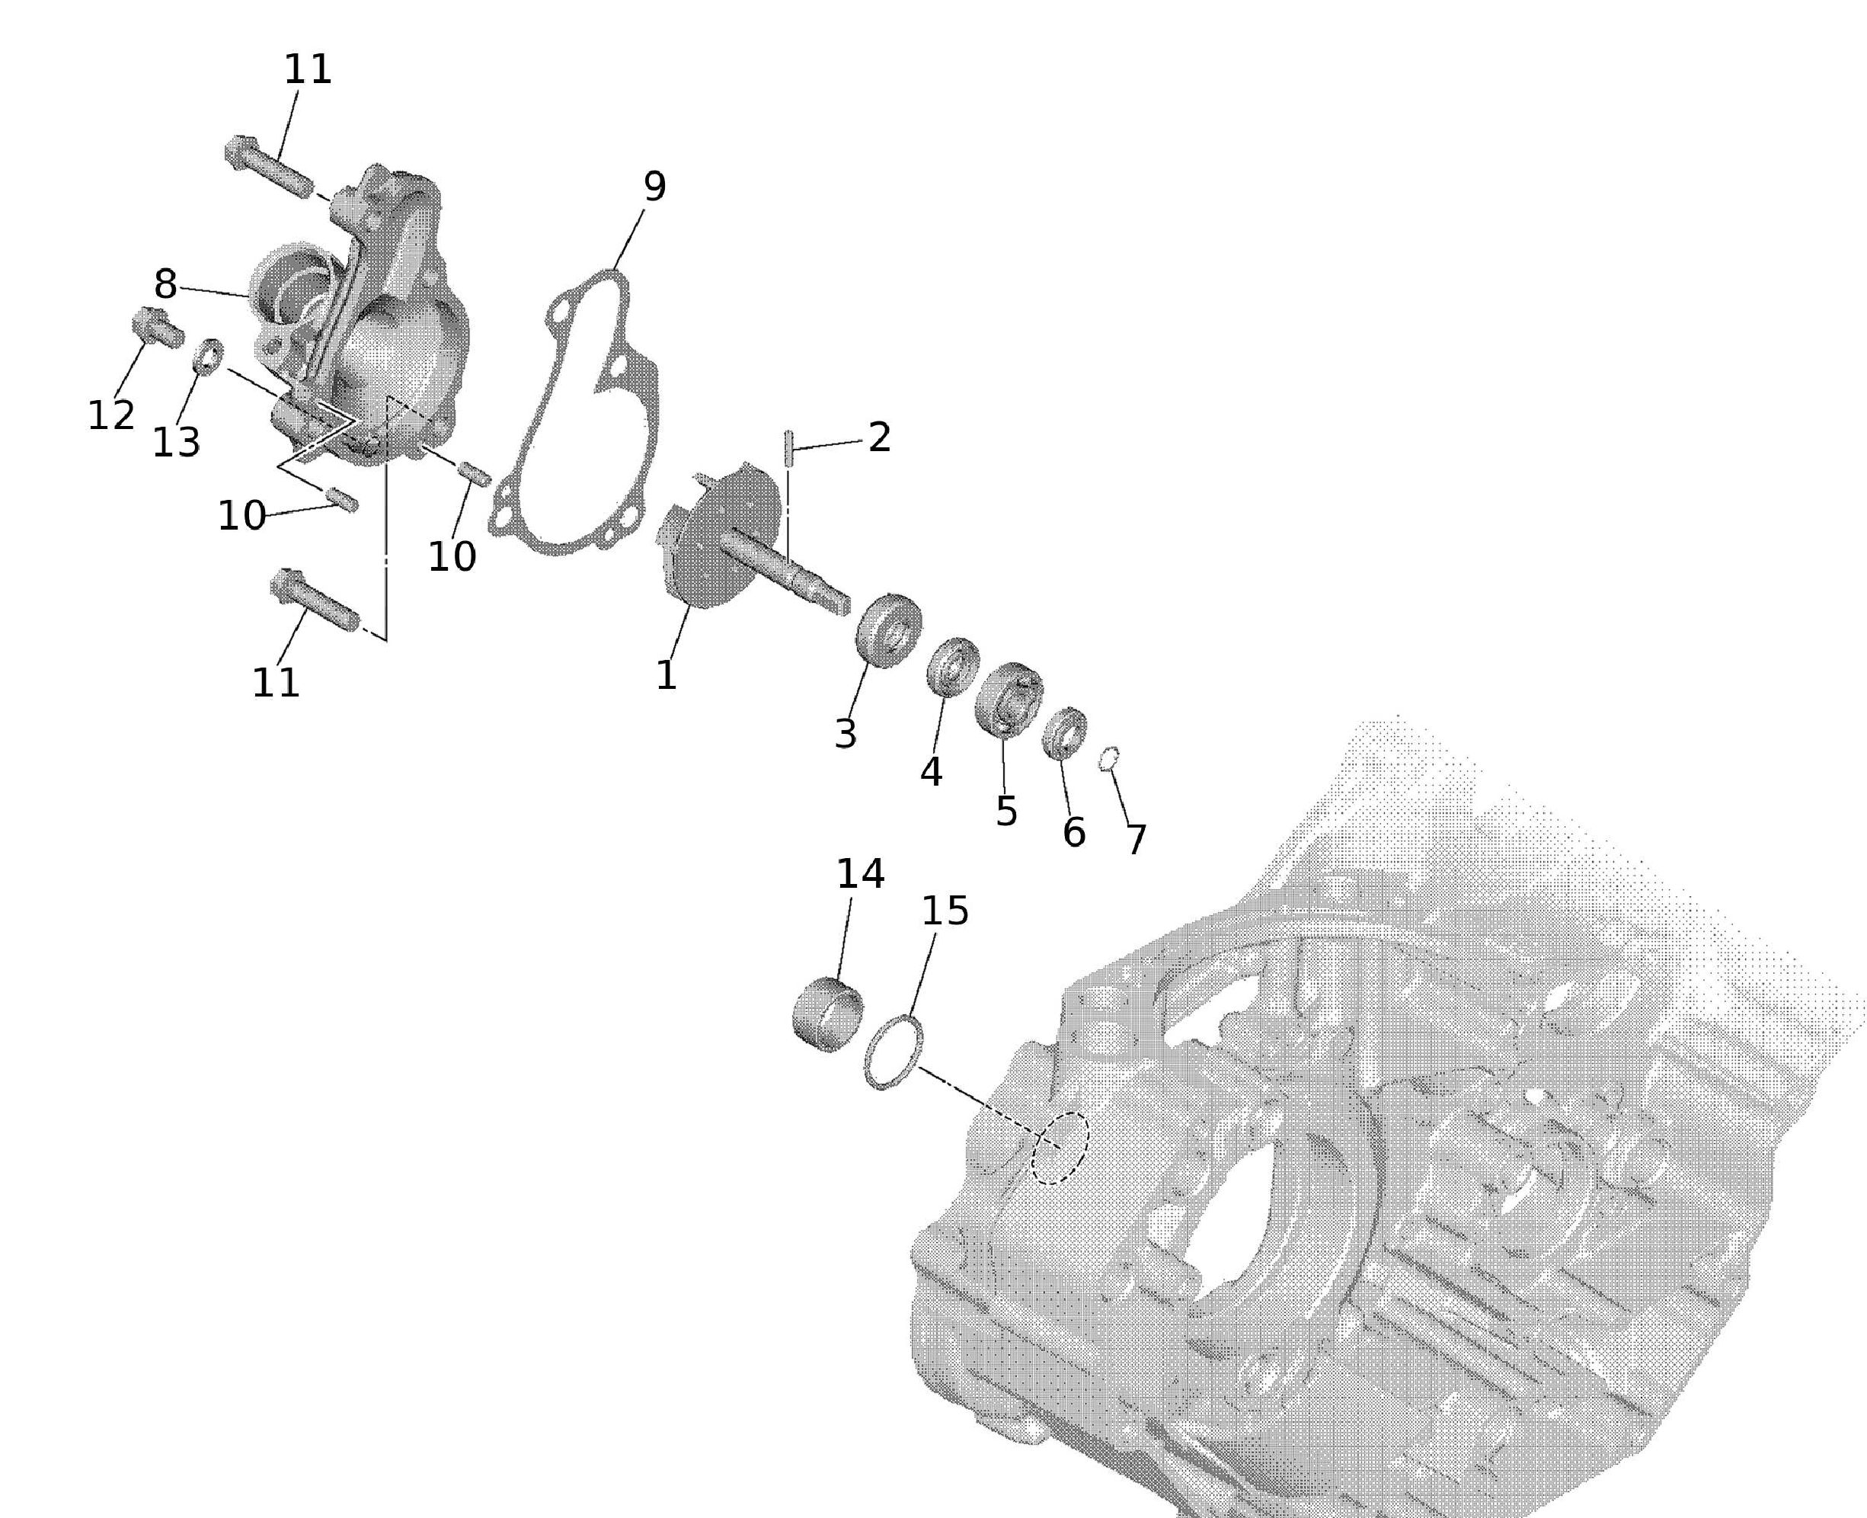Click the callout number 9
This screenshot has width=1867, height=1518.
[654, 186]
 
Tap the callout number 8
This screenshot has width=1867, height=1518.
[165, 284]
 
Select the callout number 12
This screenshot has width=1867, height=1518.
[111, 415]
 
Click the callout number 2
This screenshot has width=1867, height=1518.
[879, 437]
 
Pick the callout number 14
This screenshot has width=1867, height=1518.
[861, 873]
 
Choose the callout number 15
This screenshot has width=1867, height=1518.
[946, 911]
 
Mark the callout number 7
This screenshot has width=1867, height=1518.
[1136, 840]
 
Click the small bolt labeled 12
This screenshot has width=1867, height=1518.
[158, 327]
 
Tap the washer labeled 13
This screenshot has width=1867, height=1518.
[208, 357]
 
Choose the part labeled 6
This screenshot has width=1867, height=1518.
[1066, 734]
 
